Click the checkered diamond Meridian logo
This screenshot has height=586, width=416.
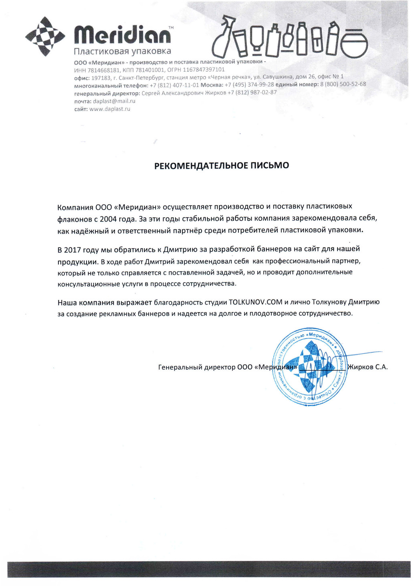45,37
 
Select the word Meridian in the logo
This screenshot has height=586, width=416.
122,35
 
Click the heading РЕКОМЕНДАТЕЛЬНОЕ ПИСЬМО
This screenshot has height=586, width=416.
222,166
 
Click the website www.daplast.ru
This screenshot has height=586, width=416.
109,109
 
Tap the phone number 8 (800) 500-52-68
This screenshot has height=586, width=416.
343,84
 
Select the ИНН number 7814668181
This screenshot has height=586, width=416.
103,70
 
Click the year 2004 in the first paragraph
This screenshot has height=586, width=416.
108,219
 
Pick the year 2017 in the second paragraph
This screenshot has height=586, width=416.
73,250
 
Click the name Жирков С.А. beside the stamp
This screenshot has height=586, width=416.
368,367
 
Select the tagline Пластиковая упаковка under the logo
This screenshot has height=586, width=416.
122,51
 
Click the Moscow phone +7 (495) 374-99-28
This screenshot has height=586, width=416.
249,85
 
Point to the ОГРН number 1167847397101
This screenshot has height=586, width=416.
204,70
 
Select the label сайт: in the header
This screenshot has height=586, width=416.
81,109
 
